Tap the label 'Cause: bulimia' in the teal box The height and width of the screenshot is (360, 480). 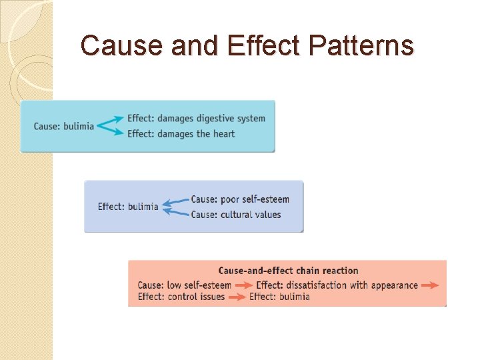(64, 126)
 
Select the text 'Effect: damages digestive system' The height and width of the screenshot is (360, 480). (196, 119)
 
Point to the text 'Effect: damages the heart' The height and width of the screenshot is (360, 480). (181, 133)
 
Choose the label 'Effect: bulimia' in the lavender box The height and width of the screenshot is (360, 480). (128, 207)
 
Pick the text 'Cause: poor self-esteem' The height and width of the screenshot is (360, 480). (240, 199)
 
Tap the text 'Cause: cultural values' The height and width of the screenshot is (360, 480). (236, 215)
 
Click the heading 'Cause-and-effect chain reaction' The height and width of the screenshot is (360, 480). (288, 271)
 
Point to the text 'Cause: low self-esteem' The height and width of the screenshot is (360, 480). (185, 285)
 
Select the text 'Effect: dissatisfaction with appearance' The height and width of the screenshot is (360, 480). (337, 285)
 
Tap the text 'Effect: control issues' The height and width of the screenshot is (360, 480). (181, 297)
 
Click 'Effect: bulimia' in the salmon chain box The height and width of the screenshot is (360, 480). (279, 297)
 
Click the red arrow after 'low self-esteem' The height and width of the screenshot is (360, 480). (243, 285)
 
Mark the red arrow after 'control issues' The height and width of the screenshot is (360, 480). (237, 297)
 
